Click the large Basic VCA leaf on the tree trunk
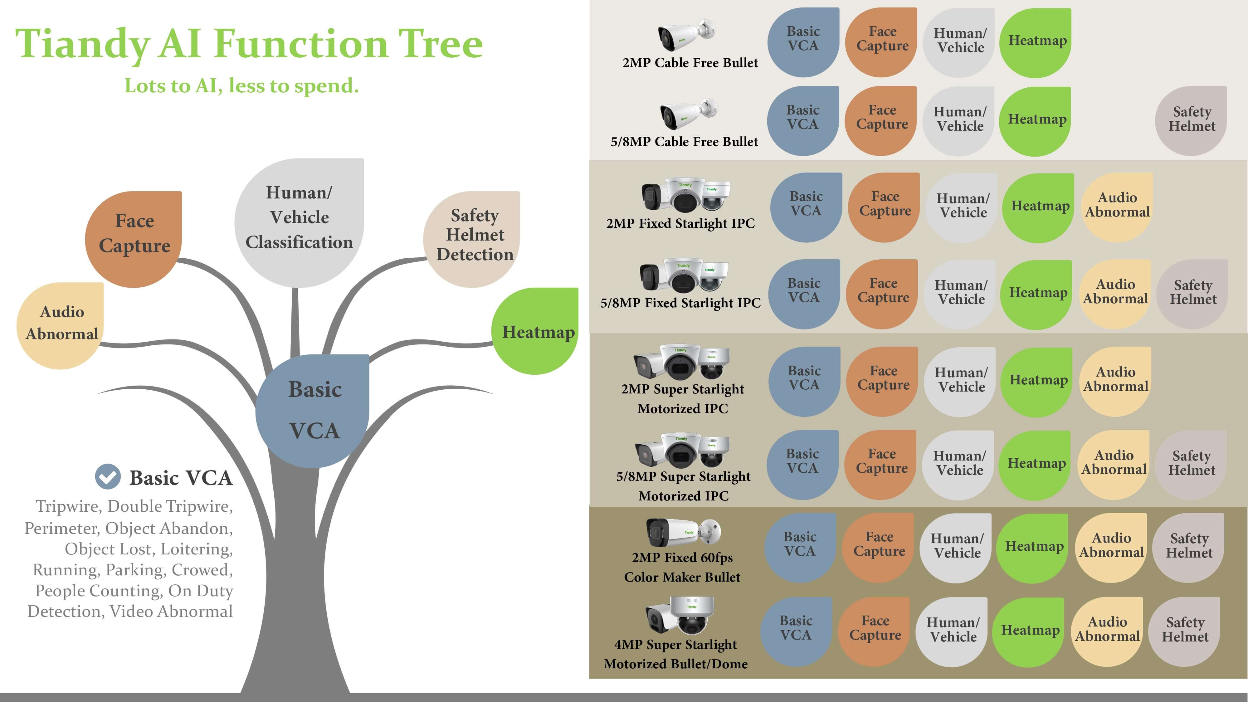point(314,410)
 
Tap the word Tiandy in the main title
point(82,44)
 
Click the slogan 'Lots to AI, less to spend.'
point(241,86)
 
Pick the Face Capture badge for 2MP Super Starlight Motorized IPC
point(883,380)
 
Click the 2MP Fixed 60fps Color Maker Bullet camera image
point(683,531)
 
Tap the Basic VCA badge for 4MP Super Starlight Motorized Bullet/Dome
point(796,630)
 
